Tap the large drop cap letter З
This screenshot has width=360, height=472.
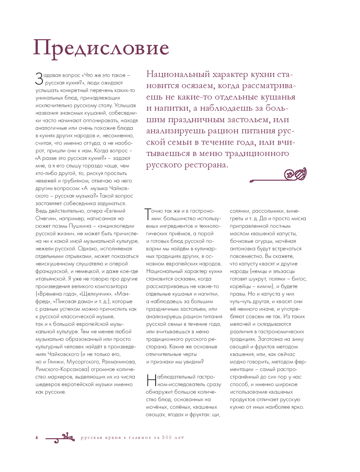click(x=39, y=79)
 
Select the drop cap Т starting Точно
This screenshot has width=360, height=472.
click(x=148, y=214)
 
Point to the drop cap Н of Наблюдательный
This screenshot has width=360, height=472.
click(x=151, y=380)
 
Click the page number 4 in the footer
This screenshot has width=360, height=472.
click(x=37, y=437)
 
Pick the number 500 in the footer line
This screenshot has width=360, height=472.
click(x=167, y=437)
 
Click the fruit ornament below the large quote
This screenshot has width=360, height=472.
click(x=295, y=174)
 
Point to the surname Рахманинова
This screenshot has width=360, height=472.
click(x=119, y=362)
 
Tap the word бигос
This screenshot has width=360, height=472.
click(x=299, y=279)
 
